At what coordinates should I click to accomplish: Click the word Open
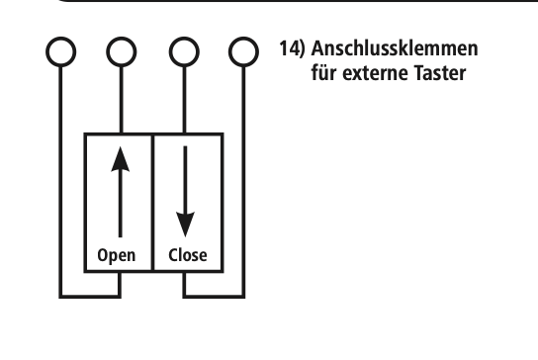point(117,256)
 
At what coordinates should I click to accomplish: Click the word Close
point(188,255)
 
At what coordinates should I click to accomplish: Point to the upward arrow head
point(121,159)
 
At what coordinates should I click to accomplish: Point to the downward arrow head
point(185,225)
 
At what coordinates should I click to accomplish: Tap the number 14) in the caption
point(292,48)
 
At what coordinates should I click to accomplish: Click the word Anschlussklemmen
point(395,48)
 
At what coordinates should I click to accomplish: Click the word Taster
point(440,73)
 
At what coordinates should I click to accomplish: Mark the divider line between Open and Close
point(152,203)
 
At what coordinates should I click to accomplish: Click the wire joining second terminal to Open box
point(121,100)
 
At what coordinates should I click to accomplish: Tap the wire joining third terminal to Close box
point(185,100)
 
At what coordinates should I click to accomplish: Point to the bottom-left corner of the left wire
point(60,296)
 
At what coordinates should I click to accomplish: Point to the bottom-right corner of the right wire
point(243,296)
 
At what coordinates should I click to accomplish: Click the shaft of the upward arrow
point(120,204)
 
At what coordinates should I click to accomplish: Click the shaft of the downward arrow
point(185,179)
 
